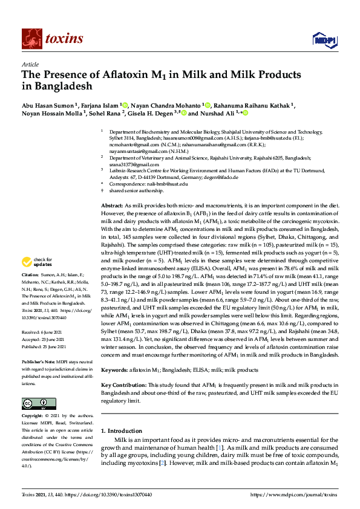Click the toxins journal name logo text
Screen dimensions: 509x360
pos(64,39)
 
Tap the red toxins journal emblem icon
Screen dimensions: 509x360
pos(30,39)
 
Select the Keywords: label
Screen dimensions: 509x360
pos(115,369)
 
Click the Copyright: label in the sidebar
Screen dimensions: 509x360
pos(33,417)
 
